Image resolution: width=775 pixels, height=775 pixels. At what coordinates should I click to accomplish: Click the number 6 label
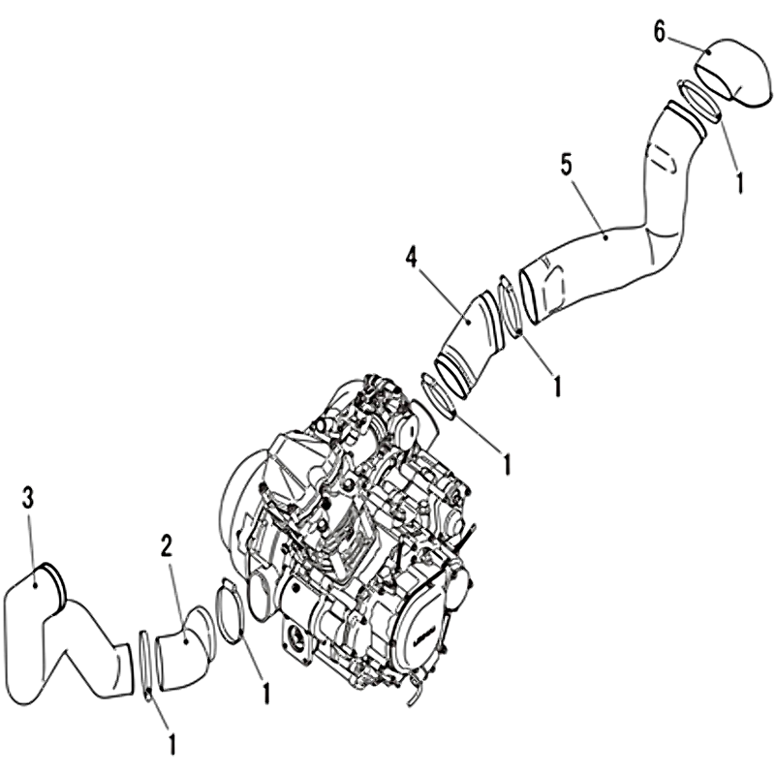tap(659, 33)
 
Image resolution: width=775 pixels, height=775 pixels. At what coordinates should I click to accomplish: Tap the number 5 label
tap(567, 165)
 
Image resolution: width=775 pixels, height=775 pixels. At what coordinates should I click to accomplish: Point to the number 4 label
tap(412, 259)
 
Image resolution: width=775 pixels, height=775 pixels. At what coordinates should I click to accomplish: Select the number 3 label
tap(28, 498)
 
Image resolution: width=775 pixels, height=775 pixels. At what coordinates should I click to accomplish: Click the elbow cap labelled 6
tap(735, 72)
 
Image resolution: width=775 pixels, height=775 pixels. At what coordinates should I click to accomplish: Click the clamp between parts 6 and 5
tap(698, 99)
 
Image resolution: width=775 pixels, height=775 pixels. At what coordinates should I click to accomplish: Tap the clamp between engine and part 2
tap(229, 611)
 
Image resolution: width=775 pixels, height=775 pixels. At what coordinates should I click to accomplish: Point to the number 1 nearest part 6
tap(739, 181)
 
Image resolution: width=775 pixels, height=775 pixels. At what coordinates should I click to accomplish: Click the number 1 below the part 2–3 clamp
tap(171, 757)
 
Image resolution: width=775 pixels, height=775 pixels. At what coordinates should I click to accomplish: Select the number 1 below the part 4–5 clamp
tap(557, 386)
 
